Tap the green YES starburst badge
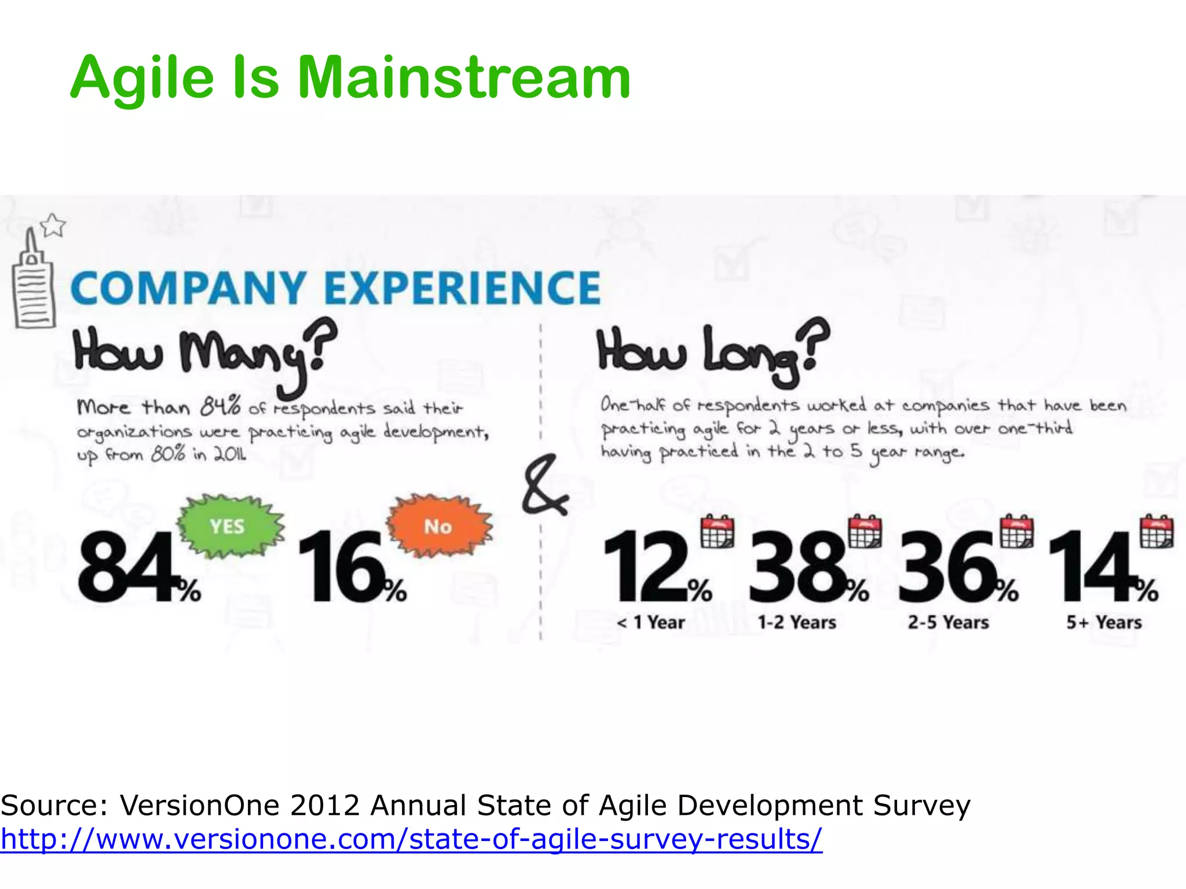click(x=229, y=526)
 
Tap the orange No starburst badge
click(x=439, y=526)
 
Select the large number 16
click(x=342, y=567)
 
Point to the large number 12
click(x=646, y=567)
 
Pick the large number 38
click(x=796, y=567)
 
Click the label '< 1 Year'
click(x=650, y=623)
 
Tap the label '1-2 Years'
click(x=797, y=623)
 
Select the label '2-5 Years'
click(x=948, y=623)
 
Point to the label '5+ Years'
click(x=1104, y=623)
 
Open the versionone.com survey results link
click(x=411, y=839)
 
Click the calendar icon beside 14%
click(x=1156, y=531)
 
